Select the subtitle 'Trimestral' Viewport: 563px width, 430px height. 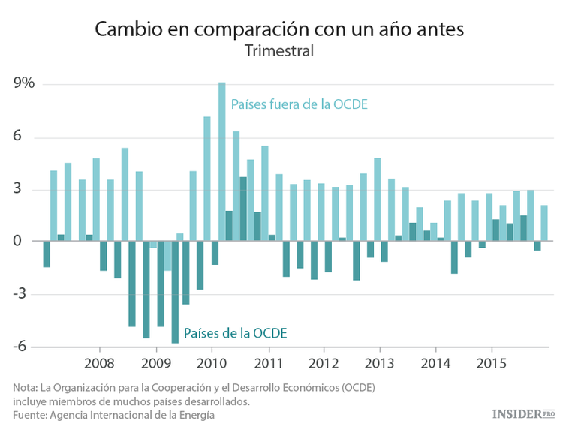tap(278, 52)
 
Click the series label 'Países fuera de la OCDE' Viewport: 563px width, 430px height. tap(299, 104)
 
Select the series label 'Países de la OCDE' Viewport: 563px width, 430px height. tap(235, 332)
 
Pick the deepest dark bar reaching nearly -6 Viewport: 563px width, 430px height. tap(175, 293)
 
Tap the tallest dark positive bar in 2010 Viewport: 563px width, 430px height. tap(243, 209)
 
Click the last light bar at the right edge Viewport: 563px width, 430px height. tap(544, 223)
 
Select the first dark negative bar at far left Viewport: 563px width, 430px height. tap(47, 254)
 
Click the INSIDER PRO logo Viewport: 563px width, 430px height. tap(523, 413)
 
